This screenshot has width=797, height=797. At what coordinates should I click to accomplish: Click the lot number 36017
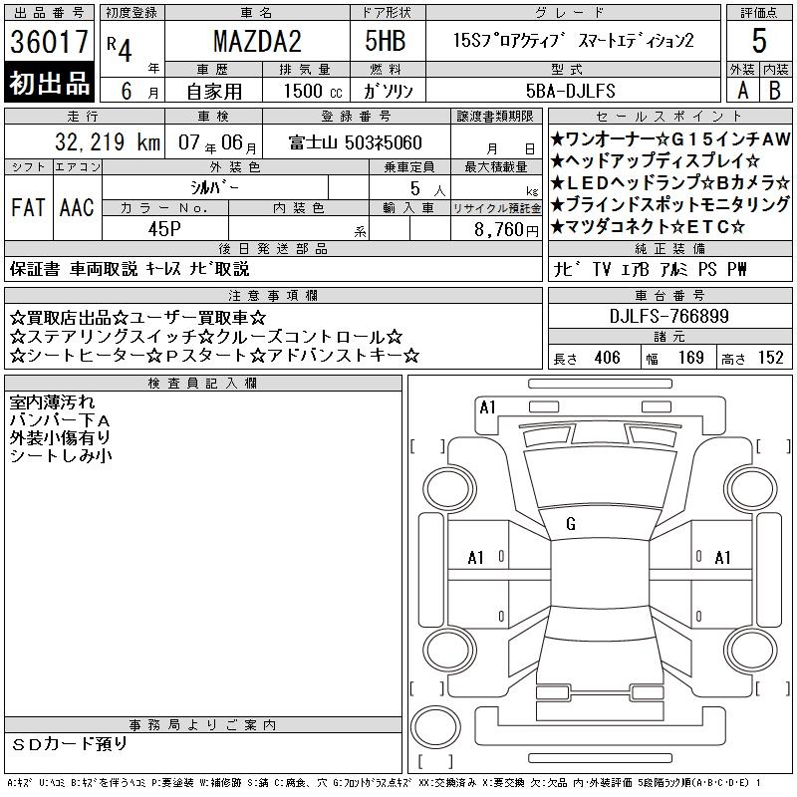click(49, 42)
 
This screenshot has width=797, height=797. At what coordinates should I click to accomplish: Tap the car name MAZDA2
click(257, 41)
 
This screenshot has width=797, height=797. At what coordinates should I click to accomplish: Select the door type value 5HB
click(386, 41)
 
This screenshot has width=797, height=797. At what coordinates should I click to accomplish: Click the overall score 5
click(759, 41)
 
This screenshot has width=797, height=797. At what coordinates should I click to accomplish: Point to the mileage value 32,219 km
click(108, 141)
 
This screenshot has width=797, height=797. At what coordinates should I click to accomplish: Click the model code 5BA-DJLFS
click(570, 91)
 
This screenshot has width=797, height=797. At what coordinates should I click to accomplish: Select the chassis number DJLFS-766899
click(668, 316)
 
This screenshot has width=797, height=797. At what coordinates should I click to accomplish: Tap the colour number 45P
click(164, 229)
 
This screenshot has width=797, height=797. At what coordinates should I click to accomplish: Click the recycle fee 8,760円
click(506, 229)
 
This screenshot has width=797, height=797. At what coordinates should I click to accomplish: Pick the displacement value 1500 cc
click(313, 91)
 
